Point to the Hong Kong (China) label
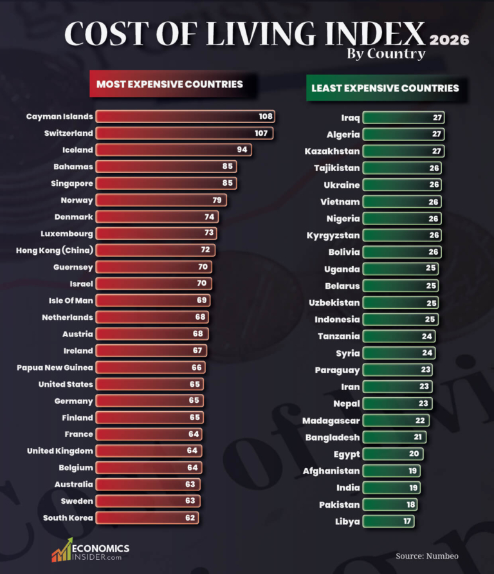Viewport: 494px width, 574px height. coord(55,250)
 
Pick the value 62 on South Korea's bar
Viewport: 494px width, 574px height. coord(190,518)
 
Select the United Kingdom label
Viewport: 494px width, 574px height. coord(60,451)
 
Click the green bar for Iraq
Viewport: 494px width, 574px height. coord(403,118)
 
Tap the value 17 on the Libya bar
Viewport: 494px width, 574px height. coord(407,521)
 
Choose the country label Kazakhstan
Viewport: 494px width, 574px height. coord(332,151)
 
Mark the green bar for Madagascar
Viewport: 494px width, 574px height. coord(396,420)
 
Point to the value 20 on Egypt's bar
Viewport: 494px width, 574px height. coord(414,454)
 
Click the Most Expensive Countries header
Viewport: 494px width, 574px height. coord(170,84)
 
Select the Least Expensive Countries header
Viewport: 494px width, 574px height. coord(385,88)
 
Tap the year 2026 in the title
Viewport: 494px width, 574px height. coord(449,40)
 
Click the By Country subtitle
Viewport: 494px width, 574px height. coord(386,53)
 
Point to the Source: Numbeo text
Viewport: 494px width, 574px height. coord(427,555)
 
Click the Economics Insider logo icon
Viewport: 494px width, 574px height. coord(62,551)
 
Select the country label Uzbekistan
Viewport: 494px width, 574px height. coord(333,302)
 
